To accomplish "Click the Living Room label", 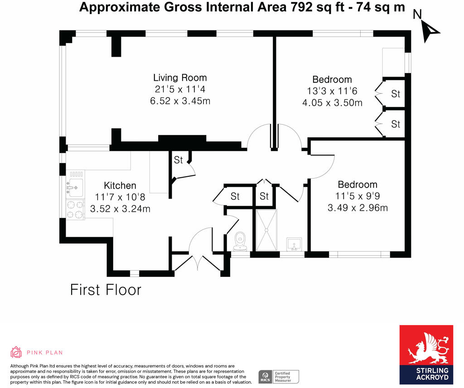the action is (x=180, y=78).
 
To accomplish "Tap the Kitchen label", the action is (x=120, y=185).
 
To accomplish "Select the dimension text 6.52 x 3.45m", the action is (x=180, y=101).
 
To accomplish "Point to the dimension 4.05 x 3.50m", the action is (x=332, y=103).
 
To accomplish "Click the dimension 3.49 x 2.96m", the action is (x=358, y=208).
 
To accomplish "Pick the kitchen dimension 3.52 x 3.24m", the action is (x=120, y=209).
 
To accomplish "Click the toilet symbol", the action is (x=240, y=241).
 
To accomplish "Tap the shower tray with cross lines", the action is (x=266, y=230).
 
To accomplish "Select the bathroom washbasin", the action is (x=294, y=244).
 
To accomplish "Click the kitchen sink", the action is (x=75, y=188).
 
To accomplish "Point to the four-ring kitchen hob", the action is (x=75, y=209).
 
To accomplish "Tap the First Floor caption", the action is (x=106, y=290).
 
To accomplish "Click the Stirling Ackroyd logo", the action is (x=426, y=354).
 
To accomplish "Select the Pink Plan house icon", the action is (x=16, y=352).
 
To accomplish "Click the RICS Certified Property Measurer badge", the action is (x=279, y=377).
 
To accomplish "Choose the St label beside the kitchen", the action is (x=178, y=160).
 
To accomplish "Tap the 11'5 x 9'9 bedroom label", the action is (x=358, y=196).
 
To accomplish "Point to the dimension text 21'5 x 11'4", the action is (x=180, y=89).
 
